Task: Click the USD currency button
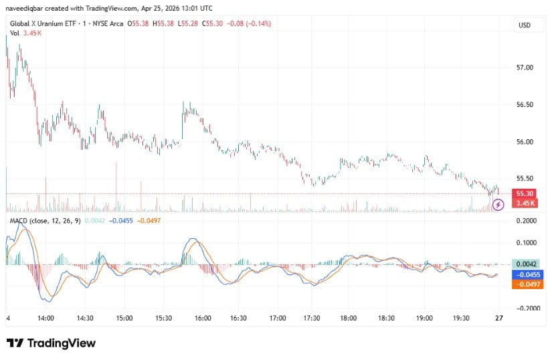coord(524,25)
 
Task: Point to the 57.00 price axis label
coord(525,68)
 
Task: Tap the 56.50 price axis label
coord(525,105)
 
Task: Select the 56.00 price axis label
coord(525,142)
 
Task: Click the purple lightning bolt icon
coord(498,204)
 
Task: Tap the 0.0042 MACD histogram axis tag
coord(525,264)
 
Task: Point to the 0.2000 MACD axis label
coord(525,220)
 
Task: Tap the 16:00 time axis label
coord(203,319)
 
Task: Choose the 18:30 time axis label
coord(387,319)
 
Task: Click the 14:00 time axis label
coord(46,319)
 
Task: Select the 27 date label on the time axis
coord(499,319)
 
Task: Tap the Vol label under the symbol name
coord(14,33)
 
